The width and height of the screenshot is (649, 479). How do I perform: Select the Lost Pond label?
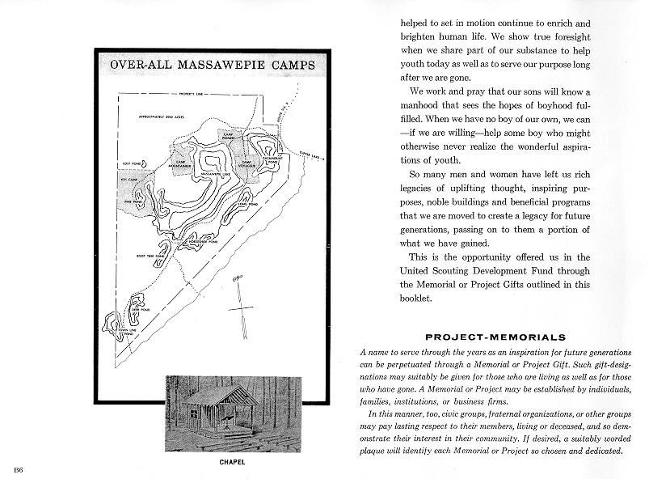pos(131,163)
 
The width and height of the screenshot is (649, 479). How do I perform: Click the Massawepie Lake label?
pos(212,174)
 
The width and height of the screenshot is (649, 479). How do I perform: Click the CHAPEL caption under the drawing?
pos(233,462)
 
